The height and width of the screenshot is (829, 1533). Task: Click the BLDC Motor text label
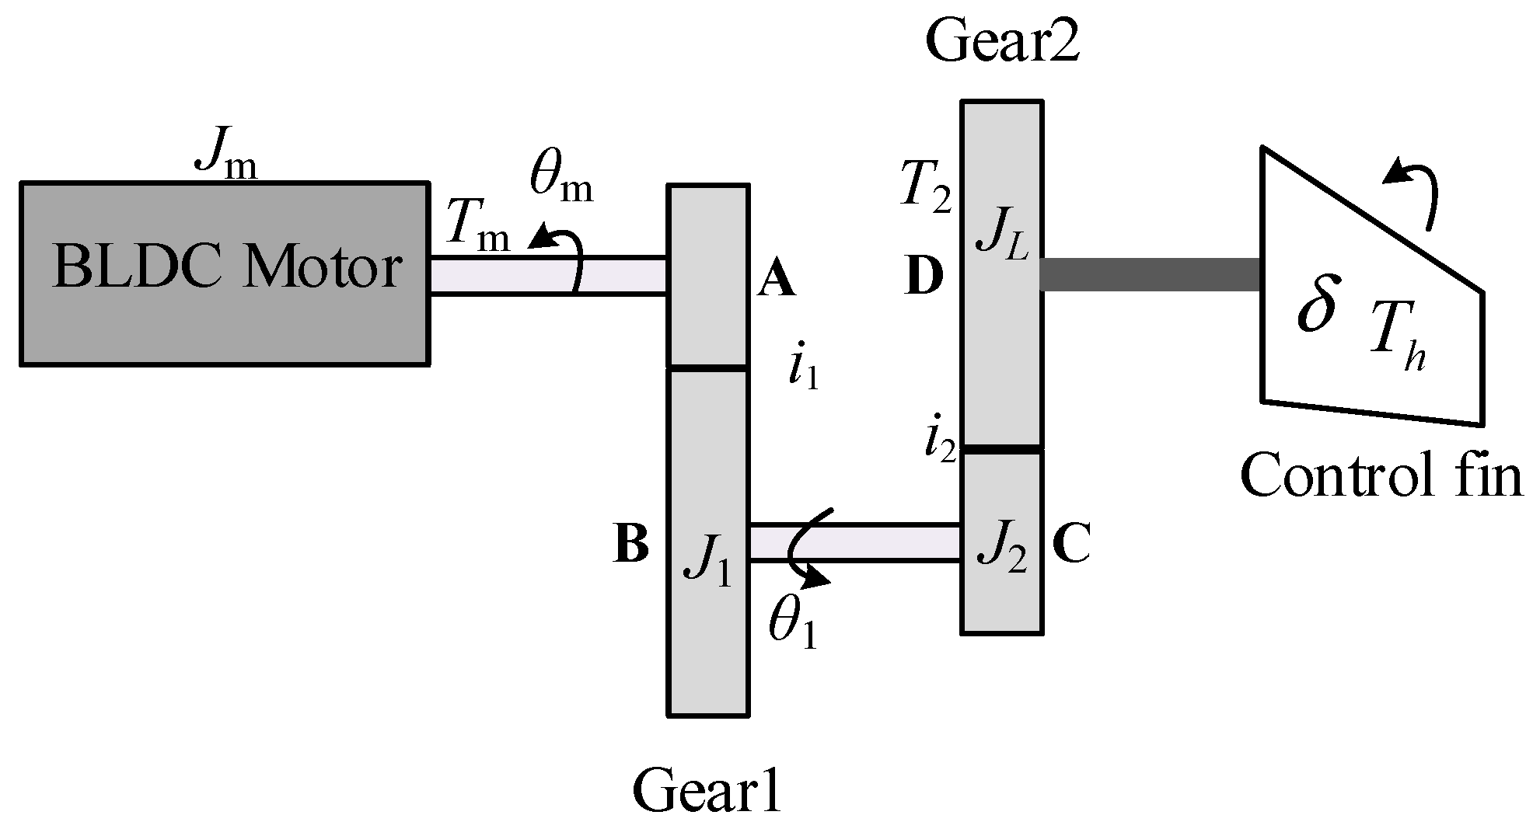(227, 270)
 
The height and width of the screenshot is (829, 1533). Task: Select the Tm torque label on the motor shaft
(478, 228)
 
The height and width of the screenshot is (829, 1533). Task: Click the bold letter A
(776, 280)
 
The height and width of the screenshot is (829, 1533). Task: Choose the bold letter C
(1070, 543)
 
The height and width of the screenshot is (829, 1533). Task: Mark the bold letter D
(925, 277)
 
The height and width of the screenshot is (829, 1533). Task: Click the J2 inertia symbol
(1002, 549)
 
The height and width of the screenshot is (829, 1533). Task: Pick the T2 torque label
(925, 186)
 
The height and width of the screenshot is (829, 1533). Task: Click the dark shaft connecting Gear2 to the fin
(1151, 275)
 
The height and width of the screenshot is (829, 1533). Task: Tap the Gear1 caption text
(706, 790)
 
